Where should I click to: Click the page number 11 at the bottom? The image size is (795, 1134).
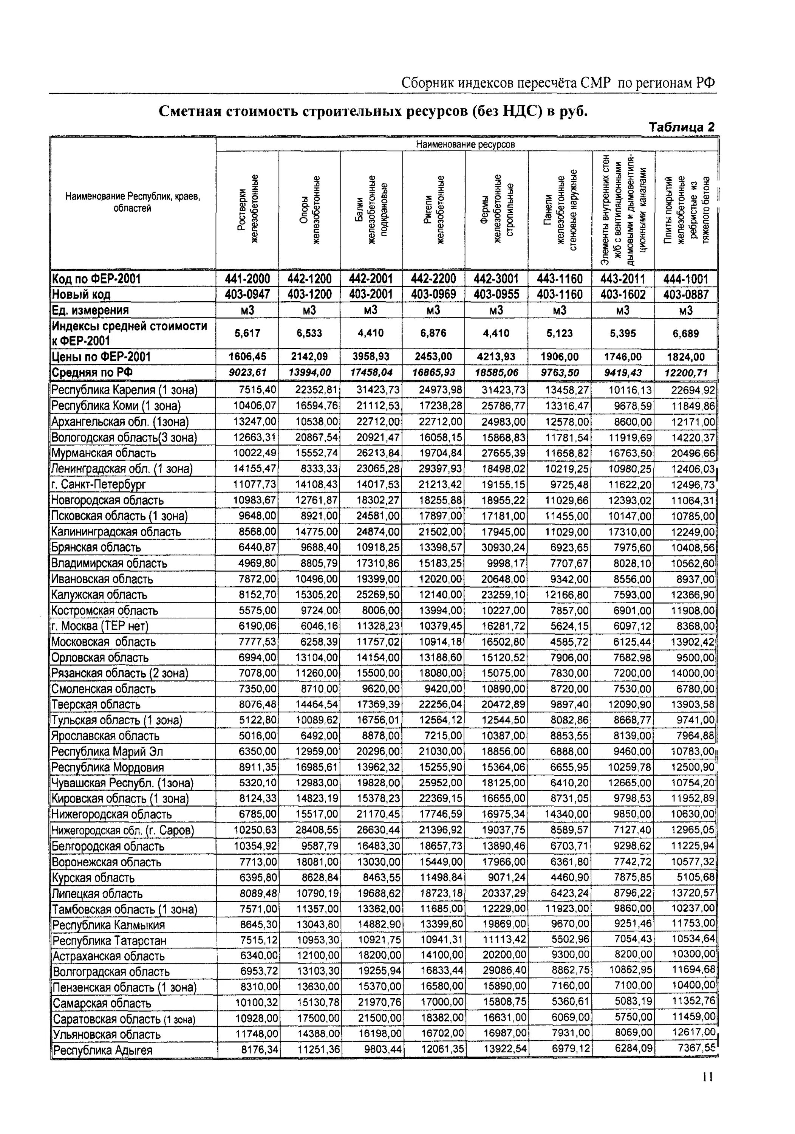[708, 1091]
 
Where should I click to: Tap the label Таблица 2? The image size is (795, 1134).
[681, 127]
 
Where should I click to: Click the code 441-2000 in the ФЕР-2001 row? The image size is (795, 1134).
[247, 279]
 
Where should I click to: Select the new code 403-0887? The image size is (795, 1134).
[686, 295]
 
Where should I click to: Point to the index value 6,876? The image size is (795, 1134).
[433, 333]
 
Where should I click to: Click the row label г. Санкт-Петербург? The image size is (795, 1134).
[99, 485]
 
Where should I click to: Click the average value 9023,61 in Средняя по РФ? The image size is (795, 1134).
[247, 372]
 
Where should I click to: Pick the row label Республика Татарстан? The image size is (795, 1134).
[109, 940]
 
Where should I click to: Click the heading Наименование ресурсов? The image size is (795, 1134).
[465, 145]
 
